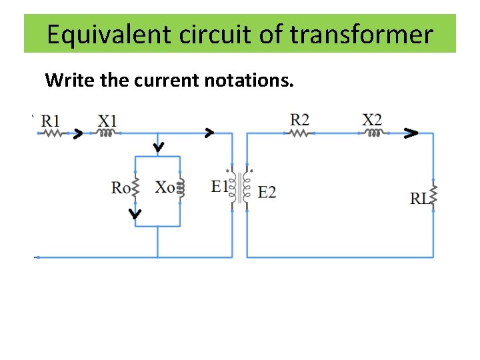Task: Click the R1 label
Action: tap(51, 121)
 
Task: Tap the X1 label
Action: tap(108, 121)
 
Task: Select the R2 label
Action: tap(300, 120)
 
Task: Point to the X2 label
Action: tap(373, 120)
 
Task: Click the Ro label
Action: tap(121, 187)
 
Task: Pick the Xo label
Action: tap(165, 187)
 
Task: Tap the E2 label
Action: tap(267, 193)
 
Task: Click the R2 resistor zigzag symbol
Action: tap(301, 133)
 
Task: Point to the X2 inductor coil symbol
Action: tap(374, 133)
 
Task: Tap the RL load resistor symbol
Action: tap(434, 196)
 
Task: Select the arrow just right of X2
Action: tap(411, 133)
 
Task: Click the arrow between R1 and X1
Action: tap(77, 134)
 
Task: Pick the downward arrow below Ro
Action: tap(135, 214)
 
